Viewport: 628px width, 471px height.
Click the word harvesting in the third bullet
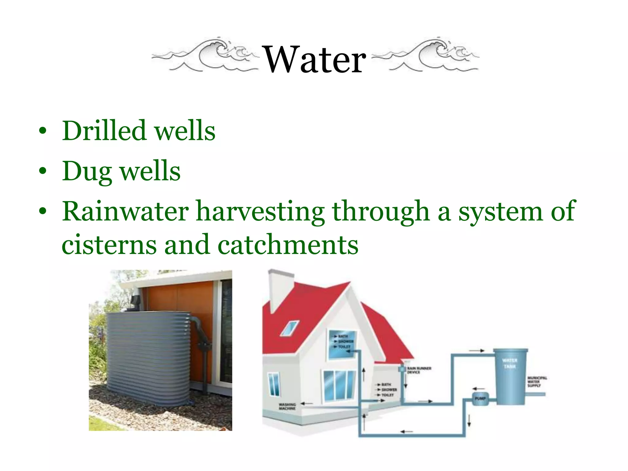tap(260, 212)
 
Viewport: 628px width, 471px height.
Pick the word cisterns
tap(109, 245)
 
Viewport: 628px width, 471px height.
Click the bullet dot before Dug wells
tap(43, 171)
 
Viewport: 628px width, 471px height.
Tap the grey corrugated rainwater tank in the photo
tap(147, 356)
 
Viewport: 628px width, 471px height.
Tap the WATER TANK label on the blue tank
tap(510, 363)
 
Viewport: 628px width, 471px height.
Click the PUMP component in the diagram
tap(480, 399)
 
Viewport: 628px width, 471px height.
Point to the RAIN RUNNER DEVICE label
tap(419, 370)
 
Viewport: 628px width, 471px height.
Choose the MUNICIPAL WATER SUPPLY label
tap(537, 381)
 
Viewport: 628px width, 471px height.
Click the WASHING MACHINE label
tap(287, 406)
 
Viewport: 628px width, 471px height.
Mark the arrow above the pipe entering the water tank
tap(477, 350)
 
